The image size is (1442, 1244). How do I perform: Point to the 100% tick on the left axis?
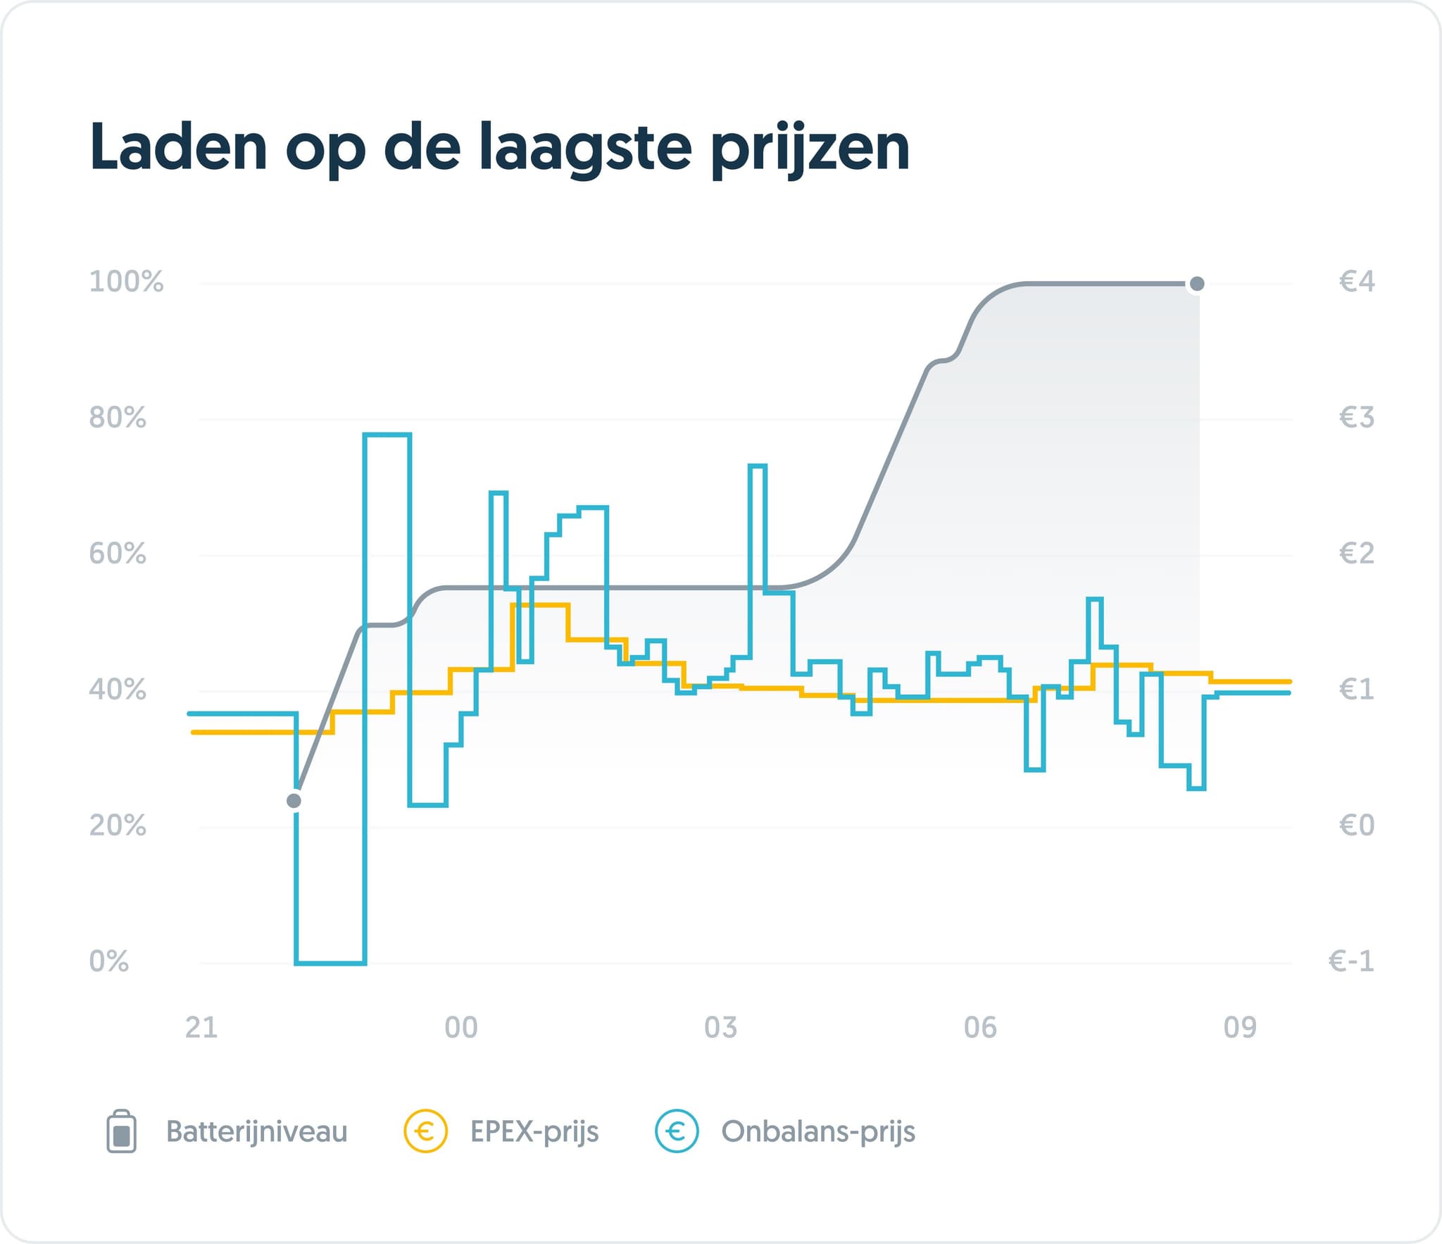pos(126,282)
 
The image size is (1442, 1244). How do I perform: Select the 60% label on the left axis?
pos(118,554)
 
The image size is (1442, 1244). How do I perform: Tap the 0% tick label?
pos(109,962)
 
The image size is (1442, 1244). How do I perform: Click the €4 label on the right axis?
pos(1356,282)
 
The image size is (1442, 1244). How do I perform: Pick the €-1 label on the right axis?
pos(1350,962)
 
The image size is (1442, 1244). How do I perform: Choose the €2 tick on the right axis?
pos(1356,554)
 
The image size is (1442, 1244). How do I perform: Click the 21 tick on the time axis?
pos(201,1028)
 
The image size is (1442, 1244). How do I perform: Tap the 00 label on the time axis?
pos(461,1028)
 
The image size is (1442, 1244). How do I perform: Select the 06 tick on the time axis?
pos(980,1028)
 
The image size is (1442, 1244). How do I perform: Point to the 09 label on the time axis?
pos(1240,1028)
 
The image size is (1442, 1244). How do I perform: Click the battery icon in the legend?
pos(121,1132)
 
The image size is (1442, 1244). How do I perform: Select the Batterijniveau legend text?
pos(257,1132)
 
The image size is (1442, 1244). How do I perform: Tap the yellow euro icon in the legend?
pos(425,1132)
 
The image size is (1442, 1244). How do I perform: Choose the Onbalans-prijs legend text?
pos(818,1132)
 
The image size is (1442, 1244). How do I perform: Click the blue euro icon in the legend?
pos(677,1132)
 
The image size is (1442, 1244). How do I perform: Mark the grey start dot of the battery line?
pos(294,801)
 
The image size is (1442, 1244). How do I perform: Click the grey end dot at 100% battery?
pos(1196,284)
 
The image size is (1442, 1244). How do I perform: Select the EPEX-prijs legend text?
pos(534,1132)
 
